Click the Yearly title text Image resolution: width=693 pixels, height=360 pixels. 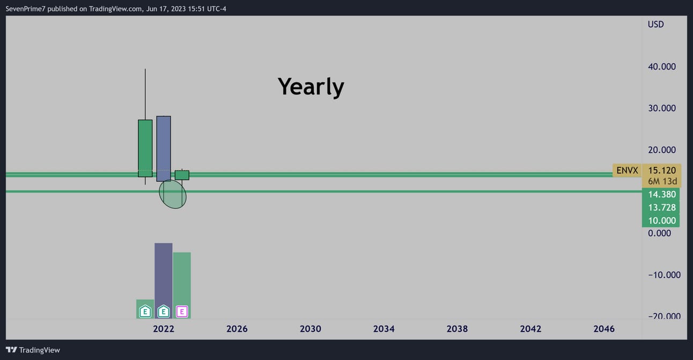pyautogui.click(x=311, y=87)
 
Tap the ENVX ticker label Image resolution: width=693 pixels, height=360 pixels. pyautogui.click(x=627, y=170)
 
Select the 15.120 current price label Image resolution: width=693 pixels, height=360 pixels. pyautogui.click(x=662, y=170)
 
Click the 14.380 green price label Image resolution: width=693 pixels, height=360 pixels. pyautogui.click(x=662, y=194)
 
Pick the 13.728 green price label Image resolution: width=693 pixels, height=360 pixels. pyautogui.click(x=662, y=208)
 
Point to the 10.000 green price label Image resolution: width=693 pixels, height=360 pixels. pyautogui.click(x=662, y=221)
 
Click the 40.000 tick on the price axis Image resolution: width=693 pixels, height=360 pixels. pyautogui.click(x=662, y=67)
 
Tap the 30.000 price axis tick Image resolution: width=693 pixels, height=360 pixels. pyautogui.click(x=662, y=108)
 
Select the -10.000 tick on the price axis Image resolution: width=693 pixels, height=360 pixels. pyautogui.click(x=664, y=275)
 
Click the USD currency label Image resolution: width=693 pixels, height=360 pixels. pyautogui.click(x=655, y=24)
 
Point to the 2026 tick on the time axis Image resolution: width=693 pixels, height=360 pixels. pyautogui.click(x=237, y=329)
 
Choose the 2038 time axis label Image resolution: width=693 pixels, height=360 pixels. pyautogui.click(x=457, y=329)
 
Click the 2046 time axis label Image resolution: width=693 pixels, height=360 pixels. pyautogui.click(x=604, y=329)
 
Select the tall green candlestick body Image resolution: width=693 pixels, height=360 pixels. pyautogui.click(x=145, y=148)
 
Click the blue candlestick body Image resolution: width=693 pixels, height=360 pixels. pyautogui.click(x=164, y=149)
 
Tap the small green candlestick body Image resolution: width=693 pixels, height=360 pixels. pyautogui.click(x=182, y=175)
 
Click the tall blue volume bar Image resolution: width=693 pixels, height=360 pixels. pyautogui.click(x=164, y=281)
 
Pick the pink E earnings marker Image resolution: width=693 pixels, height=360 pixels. pyautogui.click(x=182, y=311)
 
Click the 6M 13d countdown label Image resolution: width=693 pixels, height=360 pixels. pyautogui.click(x=662, y=181)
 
